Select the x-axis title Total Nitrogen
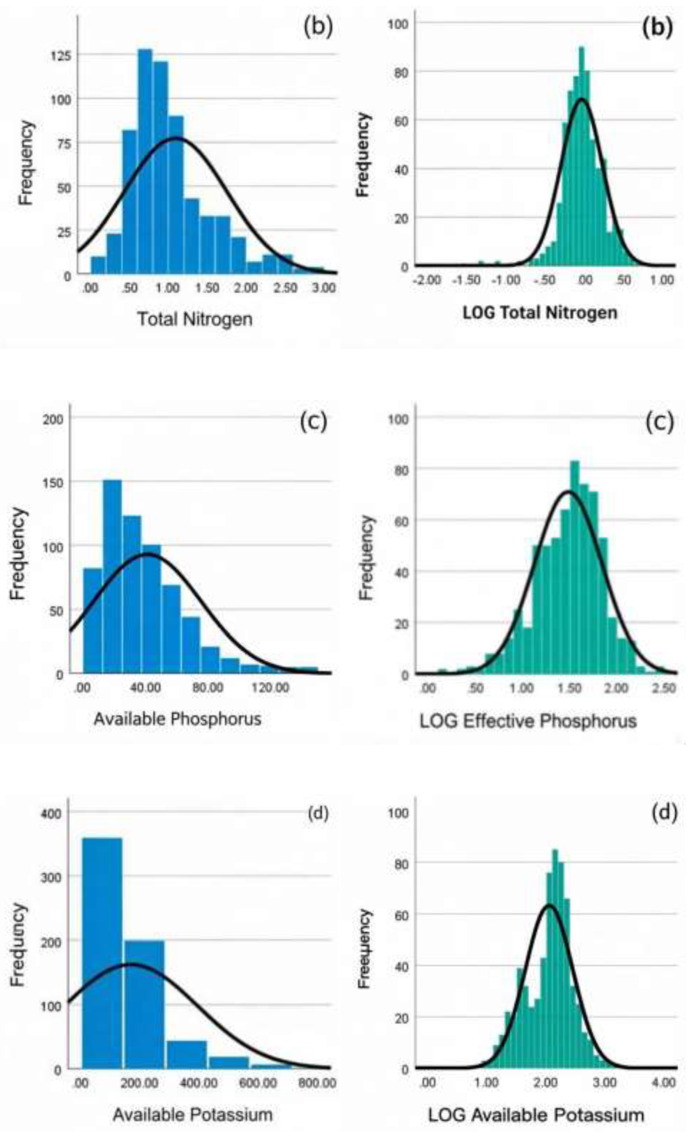tap(195, 319)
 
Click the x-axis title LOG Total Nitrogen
tap(539, 313)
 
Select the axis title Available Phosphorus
tap(177, 719)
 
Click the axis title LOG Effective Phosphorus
tap(528, 721)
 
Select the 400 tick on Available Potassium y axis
tap(51, 814)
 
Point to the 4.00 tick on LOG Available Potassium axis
tap(664, 1083)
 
